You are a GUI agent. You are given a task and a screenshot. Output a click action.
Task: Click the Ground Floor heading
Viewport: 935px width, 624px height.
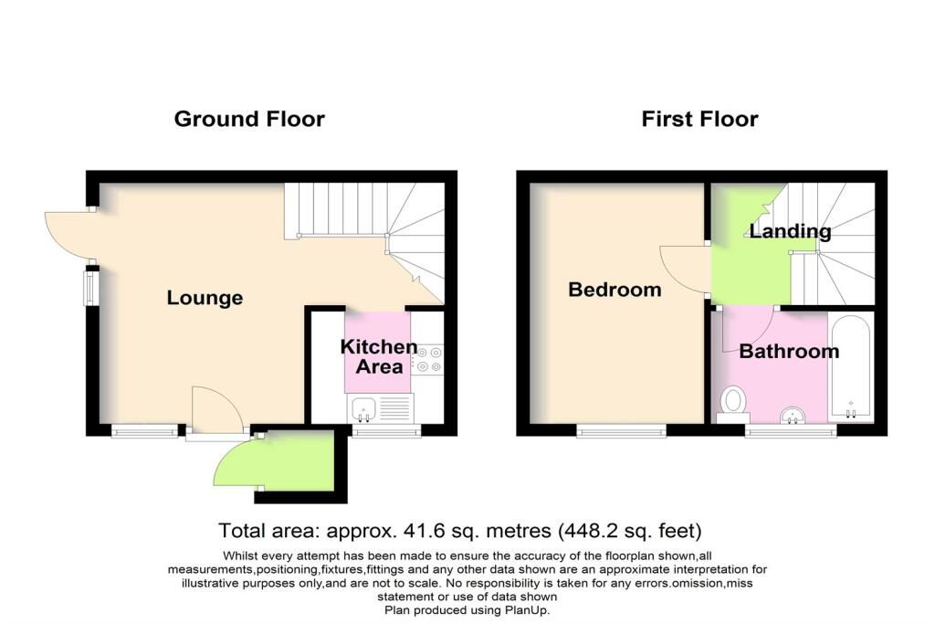[249, 119]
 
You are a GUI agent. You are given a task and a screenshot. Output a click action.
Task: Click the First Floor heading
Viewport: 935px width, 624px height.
[699, 119]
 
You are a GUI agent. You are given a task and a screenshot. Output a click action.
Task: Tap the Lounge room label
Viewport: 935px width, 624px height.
[205, 298]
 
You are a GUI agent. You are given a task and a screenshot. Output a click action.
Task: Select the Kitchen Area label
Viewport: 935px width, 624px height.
[379, 357]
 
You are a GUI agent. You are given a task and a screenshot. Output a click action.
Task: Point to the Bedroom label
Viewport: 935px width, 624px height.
[615, 291]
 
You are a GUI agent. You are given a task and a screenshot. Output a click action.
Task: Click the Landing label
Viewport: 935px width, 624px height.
[790, 231]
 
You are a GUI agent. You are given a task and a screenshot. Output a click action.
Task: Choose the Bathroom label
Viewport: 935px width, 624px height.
[789, 351]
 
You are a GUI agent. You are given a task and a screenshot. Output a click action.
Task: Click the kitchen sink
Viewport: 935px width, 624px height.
[363, 409]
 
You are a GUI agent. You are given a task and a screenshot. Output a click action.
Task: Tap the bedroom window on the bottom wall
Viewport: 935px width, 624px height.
[620, 430]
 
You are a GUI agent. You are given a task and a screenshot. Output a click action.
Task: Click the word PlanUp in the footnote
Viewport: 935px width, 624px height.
[530, 609]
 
